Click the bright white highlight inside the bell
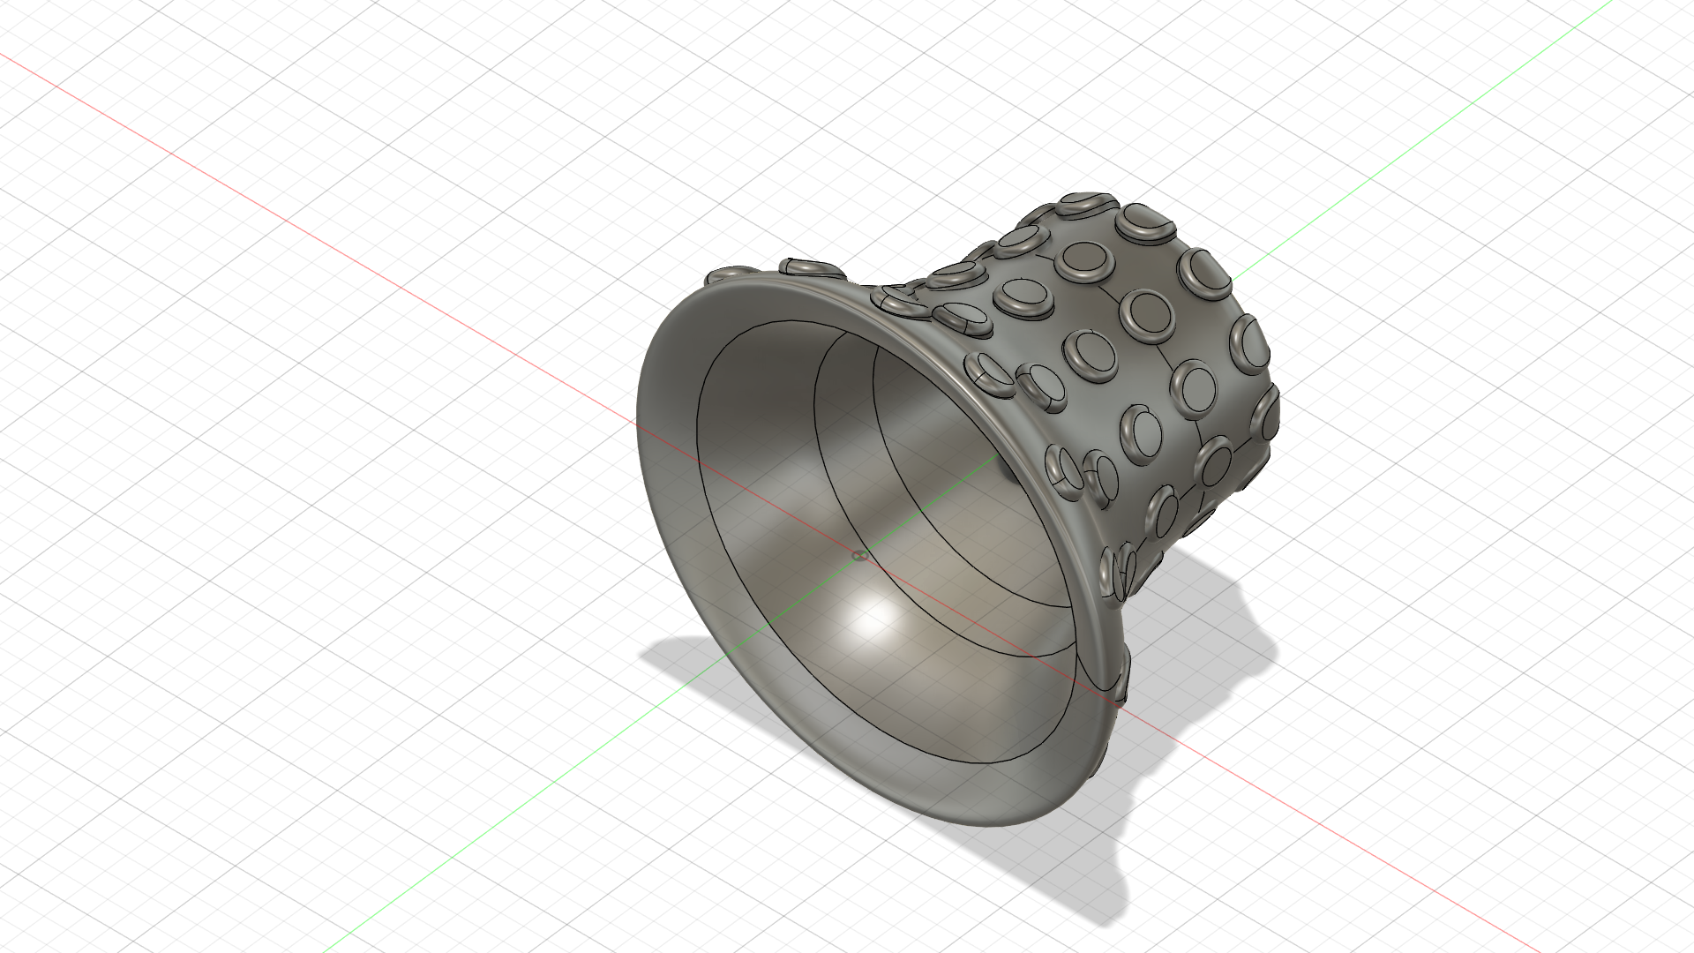873,618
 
